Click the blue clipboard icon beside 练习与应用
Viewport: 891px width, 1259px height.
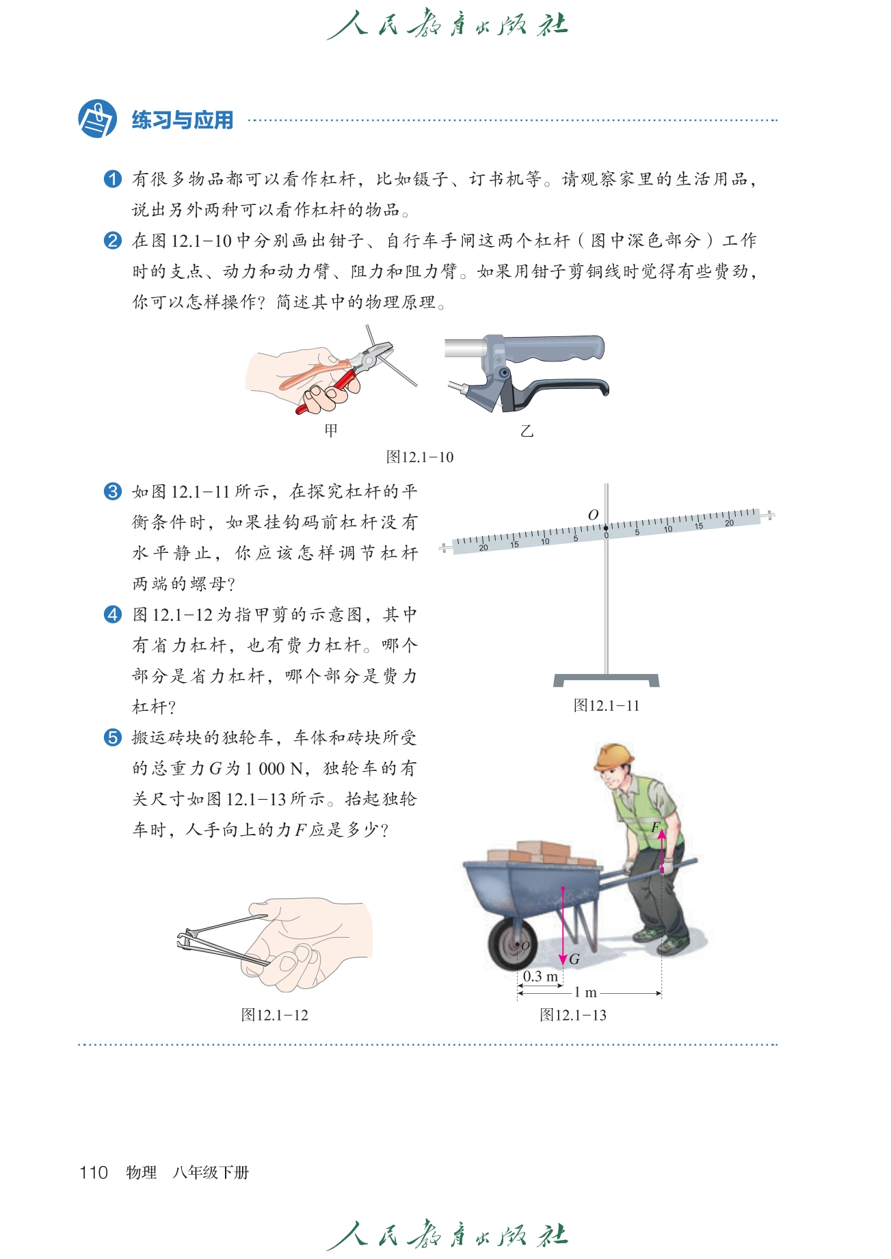pos(97,118)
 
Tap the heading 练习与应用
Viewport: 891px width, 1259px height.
pos(183,120)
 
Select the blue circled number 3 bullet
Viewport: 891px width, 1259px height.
pos(113,491)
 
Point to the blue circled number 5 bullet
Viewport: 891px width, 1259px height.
pos(113,737)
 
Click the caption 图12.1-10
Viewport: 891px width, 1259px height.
pos(420,457)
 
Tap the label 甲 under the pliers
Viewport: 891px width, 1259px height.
pos(331,431)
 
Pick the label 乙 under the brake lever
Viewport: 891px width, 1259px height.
pos(527,431)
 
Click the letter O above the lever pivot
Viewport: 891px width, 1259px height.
pos(593,515)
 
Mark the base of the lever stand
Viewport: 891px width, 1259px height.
pos(607,680)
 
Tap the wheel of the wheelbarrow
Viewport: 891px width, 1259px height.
pos(513,943)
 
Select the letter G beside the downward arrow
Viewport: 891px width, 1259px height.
pos(574,960)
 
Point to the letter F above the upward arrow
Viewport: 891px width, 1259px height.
pos(656,828)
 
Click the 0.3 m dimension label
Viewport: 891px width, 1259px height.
pos(540,976)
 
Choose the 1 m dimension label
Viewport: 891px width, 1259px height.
pos(585,992)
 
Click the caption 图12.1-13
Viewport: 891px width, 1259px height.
pos(573,1015)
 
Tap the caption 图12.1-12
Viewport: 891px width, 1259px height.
pos(275,1015)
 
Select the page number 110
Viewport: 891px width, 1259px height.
pos(94,1173)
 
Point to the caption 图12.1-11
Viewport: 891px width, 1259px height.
pos(607,705)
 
